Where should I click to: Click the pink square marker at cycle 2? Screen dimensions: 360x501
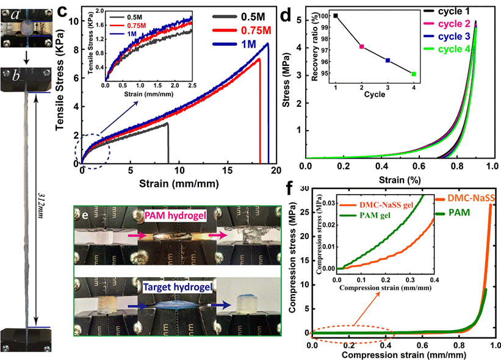coord(362,46)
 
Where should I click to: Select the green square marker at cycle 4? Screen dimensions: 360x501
coord(414,74)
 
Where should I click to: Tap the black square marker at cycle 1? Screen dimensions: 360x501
coord(336,15)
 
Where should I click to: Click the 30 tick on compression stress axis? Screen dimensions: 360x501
coord(303,189)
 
